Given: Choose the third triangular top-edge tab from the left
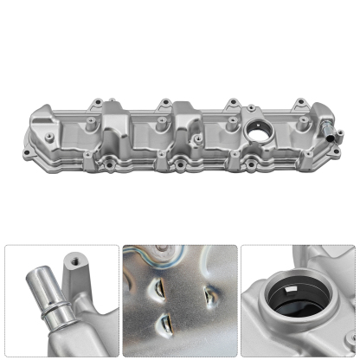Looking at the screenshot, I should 232,104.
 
